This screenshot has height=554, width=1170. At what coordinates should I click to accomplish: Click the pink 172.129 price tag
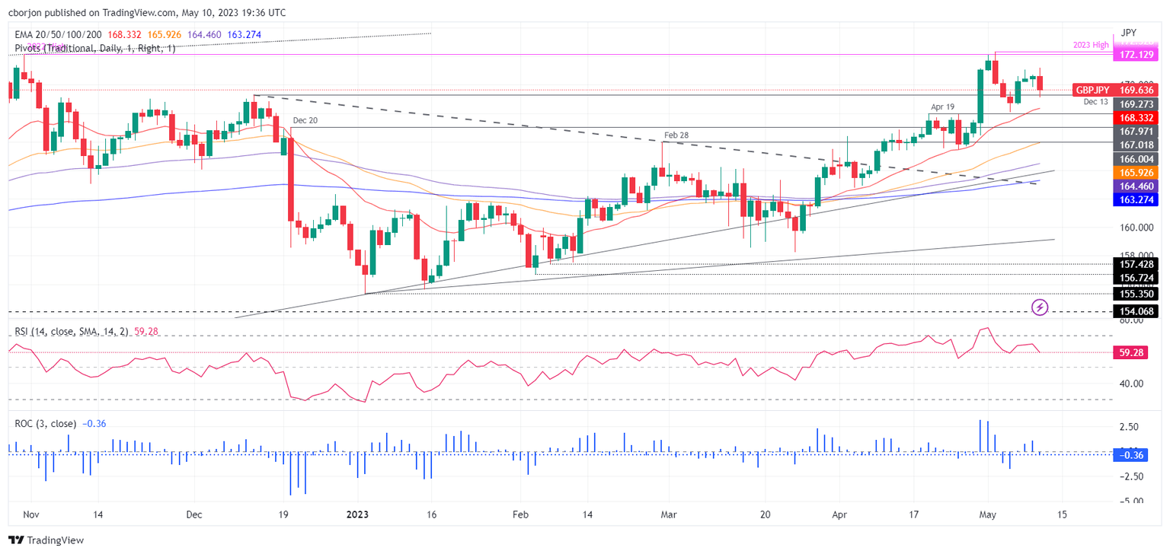1134,56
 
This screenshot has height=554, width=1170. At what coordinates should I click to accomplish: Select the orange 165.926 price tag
1134,173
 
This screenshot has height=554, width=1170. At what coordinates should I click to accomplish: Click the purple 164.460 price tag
1134,186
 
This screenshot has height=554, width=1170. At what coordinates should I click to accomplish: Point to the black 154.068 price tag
1134,311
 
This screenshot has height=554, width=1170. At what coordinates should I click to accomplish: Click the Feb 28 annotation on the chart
676,136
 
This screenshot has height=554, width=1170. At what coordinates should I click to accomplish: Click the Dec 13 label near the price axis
1095,101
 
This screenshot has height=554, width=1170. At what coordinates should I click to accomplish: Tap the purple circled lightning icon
1040,307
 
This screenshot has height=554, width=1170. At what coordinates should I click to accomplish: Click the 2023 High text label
1090,44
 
